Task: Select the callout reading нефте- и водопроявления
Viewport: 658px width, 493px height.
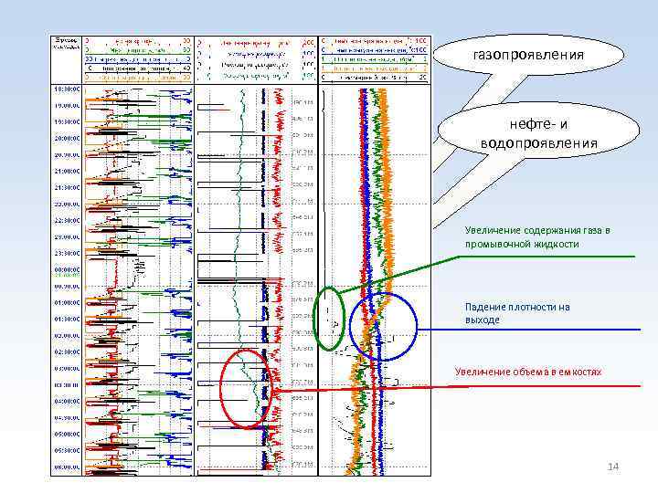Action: [538, 134]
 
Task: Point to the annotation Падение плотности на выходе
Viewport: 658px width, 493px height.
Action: [517, 313]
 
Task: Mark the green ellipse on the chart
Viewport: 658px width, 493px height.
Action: [331, 318]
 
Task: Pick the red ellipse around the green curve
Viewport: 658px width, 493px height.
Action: [247, 388]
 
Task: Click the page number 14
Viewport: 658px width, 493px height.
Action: [613, 467]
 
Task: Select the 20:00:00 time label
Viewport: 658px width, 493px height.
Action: [67, 138]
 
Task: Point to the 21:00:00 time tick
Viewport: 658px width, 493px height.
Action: [67, 171]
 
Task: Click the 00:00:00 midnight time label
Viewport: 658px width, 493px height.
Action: [67, 269]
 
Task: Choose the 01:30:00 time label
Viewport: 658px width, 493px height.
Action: [67, 319]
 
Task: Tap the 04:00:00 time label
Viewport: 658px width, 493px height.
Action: [67, 401]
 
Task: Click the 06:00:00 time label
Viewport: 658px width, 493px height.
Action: [67, 467]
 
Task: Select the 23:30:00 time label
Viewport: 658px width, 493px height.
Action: [67, 252]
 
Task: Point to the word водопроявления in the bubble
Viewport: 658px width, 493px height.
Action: [538, 143]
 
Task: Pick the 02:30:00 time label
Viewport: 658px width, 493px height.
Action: [67, 351]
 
